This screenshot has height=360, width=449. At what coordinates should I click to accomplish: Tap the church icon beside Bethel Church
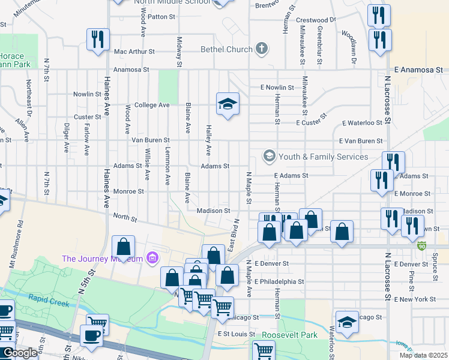click(261, 48)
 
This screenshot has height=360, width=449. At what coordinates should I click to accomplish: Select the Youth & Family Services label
click(324, 157)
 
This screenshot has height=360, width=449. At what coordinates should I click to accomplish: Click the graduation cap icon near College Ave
click(228, 104)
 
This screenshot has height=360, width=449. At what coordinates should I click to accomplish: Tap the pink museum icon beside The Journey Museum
click(152, 259)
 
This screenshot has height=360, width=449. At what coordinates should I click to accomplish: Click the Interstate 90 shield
click(422, 245)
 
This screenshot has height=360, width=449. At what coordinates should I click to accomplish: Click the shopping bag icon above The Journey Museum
click(123, 247)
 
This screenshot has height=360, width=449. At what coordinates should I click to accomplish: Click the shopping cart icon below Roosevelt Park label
click(264, 350)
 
